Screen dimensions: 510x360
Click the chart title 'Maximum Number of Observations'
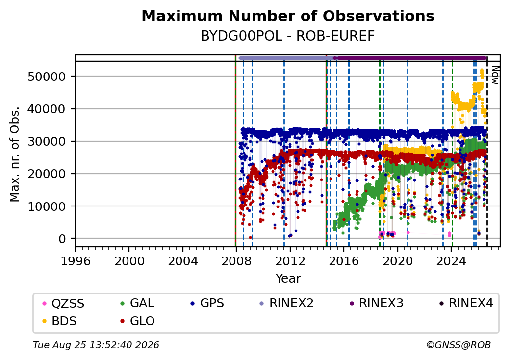click(x=288, y=16)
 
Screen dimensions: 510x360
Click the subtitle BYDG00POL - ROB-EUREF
click(x=288, y=36)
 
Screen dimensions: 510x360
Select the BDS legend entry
click(x=60, y=321)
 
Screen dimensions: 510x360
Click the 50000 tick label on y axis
click(x=47, y=77)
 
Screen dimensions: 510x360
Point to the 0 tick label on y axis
click(x=62, y=239)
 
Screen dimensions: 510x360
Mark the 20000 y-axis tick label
click(x=47, y=174)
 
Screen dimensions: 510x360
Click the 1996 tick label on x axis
click(x=76, y=261)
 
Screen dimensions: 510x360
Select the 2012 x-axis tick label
click(x=290, y=261)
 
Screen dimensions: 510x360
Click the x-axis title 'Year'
click(x=288, y=279)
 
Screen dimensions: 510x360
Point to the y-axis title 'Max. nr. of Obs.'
click(x=15, y=154)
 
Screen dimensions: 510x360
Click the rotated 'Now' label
click(x=495, y=75)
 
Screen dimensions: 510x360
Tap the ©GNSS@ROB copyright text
click(x=459, y=345)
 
